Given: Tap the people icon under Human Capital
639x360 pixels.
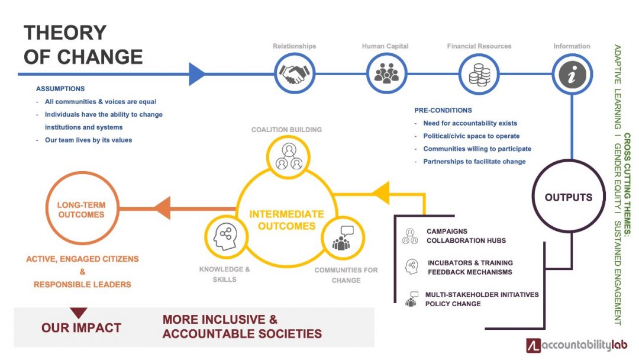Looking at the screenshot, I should click(386, 74).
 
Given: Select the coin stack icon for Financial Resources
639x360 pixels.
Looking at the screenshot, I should click(479, 74).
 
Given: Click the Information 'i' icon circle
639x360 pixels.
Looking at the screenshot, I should click(572, 74).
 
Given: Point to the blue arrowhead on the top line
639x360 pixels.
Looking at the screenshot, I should click(196, 74).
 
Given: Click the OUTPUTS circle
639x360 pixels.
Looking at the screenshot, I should click(569, 197).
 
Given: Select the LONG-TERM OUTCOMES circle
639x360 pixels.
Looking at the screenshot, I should click(82, 210).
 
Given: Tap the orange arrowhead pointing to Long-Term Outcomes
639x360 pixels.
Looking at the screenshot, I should click(162, 208).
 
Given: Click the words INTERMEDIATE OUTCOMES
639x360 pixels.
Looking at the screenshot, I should click(286, 220).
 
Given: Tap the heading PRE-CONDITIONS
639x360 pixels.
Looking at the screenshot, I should click(443, 110).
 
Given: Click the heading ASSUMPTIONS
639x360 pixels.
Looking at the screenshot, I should click(60, 88).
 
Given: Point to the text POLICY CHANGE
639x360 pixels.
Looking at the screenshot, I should click(453, 304).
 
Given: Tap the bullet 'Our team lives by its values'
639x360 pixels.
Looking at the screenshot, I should click(88, 140).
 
